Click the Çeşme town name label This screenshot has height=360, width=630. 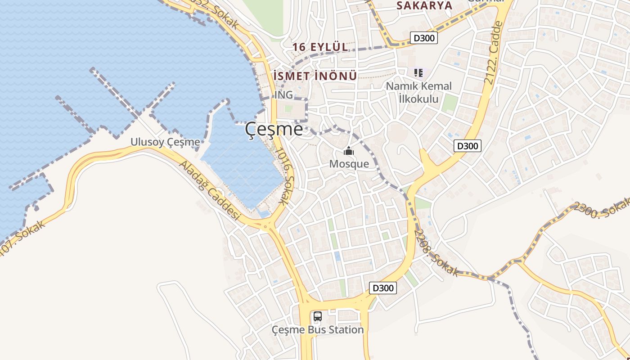274,130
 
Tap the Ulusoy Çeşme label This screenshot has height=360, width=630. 165,142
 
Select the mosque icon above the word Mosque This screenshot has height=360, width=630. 349,152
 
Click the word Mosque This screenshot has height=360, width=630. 349,164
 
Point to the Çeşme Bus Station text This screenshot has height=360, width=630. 318,330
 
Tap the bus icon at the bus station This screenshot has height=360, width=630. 318,316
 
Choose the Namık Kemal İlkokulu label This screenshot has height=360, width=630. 418,92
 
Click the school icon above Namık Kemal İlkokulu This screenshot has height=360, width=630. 418,72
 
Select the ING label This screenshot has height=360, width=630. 283,95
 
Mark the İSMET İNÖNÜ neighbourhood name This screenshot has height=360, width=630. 315,76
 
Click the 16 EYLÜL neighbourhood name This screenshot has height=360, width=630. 320,47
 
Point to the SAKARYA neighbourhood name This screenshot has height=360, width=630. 424,5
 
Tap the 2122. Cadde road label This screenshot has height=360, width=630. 494,53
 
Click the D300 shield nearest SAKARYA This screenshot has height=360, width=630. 424,38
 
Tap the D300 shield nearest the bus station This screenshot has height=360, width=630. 383,288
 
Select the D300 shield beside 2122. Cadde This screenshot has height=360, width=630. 468,146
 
